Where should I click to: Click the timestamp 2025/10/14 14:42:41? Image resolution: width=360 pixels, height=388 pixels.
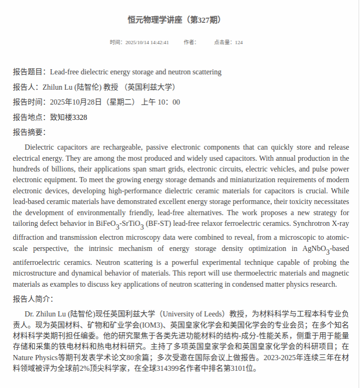[x=147, y=42]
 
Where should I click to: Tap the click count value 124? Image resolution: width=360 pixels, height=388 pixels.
[x=239, y=42]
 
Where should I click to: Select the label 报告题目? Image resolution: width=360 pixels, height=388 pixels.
[x=27, y=72]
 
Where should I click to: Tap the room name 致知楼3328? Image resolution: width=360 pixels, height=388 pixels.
[x=68, y=117]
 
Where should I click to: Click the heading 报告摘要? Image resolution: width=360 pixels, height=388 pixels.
[x=28, y=132]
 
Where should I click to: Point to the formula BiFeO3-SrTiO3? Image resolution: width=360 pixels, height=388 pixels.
[x=120, y=224]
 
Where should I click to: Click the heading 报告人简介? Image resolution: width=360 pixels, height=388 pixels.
[x=32, y=299]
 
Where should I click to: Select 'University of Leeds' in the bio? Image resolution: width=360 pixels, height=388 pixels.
[x=193, y=314]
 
